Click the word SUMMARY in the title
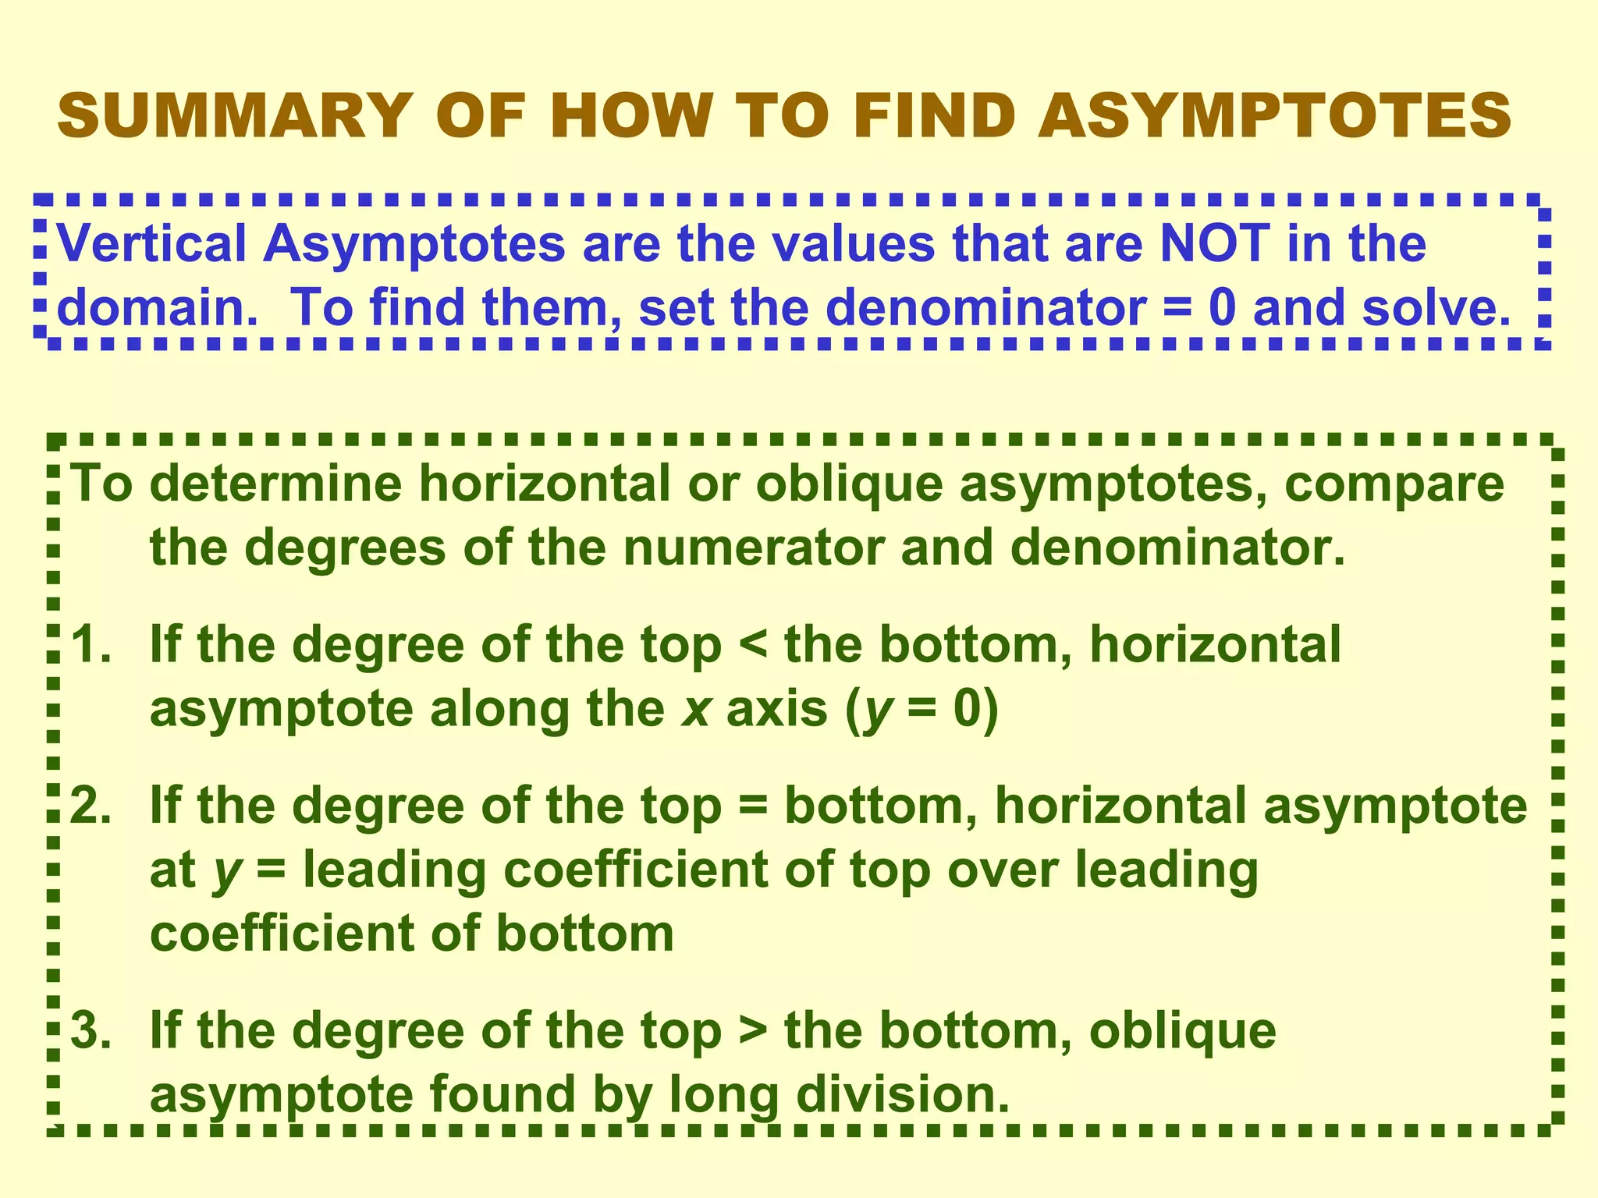click(x=235, y=116)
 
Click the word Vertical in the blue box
click(x=152, y=243)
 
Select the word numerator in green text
click(x=753, y=548)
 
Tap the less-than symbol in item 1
click(x=752, y=646)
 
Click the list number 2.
click(x=91, y=806)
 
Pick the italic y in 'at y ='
click(x=226, y=872)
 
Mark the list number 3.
click(x=91, y=1031)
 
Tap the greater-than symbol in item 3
click(x=752, y=1031)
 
